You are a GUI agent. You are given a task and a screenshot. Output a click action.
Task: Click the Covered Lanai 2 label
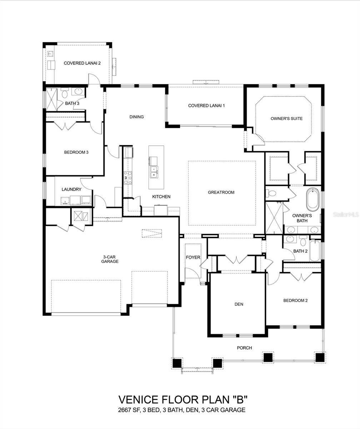(82, 63)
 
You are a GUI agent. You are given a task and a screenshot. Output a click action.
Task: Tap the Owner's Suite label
(286, 119)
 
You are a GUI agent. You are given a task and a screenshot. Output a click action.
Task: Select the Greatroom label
(221, 192)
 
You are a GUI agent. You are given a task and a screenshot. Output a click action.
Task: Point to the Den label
(239, 304)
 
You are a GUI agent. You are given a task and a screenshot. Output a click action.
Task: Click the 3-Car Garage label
(111, 259)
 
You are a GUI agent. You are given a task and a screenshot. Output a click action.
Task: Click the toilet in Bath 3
(65, 94)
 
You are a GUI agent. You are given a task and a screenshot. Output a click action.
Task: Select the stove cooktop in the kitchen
(127, 178)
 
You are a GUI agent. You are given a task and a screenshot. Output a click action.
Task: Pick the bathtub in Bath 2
(314, 251)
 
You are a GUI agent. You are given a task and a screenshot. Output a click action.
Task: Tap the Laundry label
(71, 189)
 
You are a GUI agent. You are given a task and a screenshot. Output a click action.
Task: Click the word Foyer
(193, 257)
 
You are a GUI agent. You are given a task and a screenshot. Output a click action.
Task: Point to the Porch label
(244, 348)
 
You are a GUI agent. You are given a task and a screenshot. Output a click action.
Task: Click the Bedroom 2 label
(295, 301)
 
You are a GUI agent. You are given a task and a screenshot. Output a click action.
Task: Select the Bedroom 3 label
(76, 152)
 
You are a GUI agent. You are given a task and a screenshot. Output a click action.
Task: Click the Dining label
(136, 117)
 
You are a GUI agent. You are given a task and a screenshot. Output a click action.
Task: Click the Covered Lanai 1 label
(206, 106)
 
